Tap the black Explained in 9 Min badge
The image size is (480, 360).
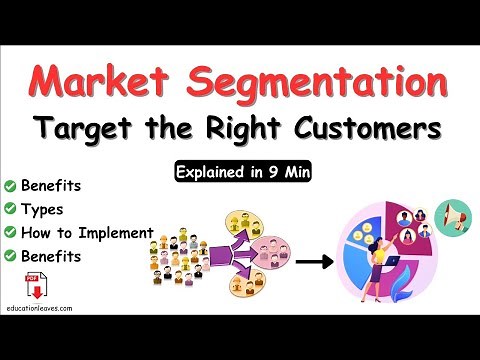(241, 170)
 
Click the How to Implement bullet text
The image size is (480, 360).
(87, 233)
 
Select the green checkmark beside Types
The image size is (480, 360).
(10, 209)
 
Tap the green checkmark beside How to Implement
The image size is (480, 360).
(10, 233)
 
